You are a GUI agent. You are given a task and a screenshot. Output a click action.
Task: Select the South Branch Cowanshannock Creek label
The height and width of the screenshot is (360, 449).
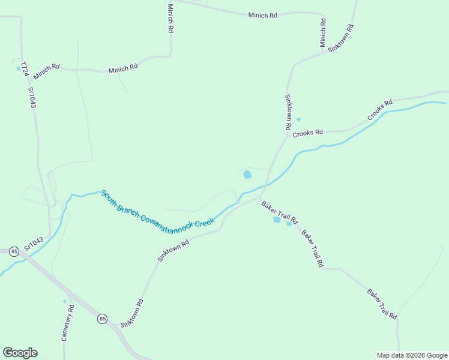tap(158, 209)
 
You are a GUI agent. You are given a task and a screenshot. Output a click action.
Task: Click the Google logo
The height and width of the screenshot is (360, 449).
tap(20, 353)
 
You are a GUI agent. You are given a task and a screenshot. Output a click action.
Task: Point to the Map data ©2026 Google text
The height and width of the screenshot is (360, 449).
tap(412, 355)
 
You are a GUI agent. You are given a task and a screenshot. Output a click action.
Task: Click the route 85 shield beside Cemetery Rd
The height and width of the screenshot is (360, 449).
tap(103, 319)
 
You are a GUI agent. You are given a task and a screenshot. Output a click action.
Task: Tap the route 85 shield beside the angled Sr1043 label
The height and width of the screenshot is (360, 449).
tap(14, 251)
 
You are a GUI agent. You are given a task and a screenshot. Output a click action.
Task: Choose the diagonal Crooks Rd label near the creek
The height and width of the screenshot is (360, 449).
tap(379, 109)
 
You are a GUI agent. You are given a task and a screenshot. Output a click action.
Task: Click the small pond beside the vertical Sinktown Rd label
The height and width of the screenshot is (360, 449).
tap(298, 119)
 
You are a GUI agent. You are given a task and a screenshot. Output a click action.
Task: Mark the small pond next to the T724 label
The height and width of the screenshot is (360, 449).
tap(19, 68)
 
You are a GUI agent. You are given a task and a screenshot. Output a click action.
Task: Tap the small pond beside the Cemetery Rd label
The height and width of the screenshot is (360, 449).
tap(64, 302)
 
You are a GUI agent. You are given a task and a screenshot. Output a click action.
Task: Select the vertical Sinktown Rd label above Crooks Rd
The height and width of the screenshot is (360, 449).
tap(288, 113)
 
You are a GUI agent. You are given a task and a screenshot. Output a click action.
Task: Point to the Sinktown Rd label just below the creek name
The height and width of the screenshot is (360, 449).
tap(173, 250)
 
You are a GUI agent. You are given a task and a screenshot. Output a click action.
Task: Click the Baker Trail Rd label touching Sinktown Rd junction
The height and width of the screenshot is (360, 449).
tap(280, 212)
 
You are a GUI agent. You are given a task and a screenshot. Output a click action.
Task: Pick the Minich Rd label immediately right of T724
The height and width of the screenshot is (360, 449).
tap(47, 71)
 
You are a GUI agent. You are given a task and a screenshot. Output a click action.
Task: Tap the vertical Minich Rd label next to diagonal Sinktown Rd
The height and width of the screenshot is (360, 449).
tap(323, 33)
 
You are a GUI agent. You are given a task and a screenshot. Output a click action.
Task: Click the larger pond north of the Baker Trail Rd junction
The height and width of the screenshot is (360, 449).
tap(247, 175)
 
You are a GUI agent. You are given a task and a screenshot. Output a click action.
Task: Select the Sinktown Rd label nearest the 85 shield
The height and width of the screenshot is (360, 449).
tap(132, 313)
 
